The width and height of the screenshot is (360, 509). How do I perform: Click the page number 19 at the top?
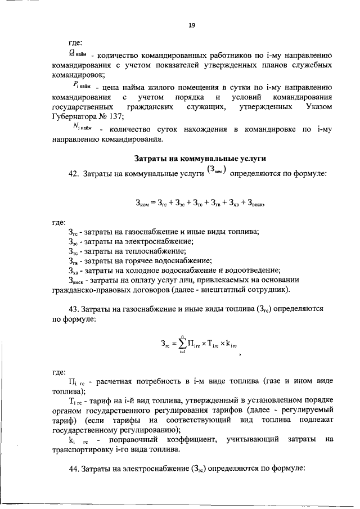point(191,24)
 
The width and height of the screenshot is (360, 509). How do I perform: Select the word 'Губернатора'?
point(74,117)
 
